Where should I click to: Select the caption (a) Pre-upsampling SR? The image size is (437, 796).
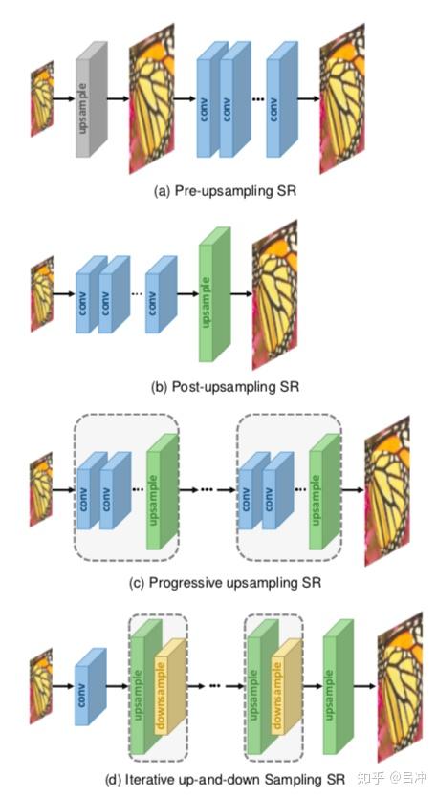point(226,191)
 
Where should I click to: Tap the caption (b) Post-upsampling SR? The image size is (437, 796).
point(226,387)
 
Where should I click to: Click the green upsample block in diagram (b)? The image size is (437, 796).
point(214,296)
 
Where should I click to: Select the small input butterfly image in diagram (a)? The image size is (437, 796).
point(41,97)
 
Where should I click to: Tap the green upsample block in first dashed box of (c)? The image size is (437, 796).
point(161,493)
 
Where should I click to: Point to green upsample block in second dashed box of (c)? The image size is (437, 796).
point(323,493)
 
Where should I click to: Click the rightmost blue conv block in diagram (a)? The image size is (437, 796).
point(279,100)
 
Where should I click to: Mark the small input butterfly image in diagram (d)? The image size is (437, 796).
point(41,683)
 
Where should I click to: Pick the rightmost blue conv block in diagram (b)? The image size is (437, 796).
point(161,293)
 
